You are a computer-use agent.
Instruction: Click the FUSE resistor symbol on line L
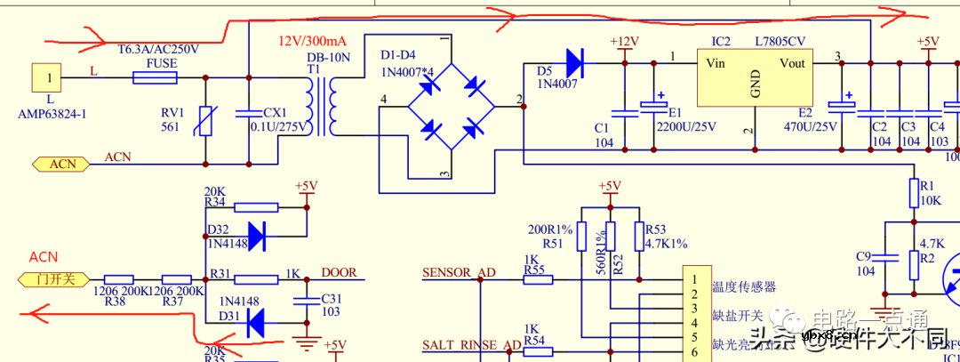point(155,77)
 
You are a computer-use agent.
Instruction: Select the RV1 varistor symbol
point(206,120)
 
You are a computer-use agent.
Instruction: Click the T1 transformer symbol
point(321,105)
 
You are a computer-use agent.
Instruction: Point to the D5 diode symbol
point(573,63)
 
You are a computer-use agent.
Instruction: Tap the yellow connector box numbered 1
point(49,78)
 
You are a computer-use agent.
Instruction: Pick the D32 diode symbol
point(256,236)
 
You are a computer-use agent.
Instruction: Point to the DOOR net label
point(339,273)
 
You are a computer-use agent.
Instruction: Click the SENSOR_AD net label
point(459,273)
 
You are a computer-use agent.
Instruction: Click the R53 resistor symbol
point(638,236)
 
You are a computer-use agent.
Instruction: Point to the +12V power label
point(624,42)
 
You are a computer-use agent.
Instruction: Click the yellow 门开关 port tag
point(54,279)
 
